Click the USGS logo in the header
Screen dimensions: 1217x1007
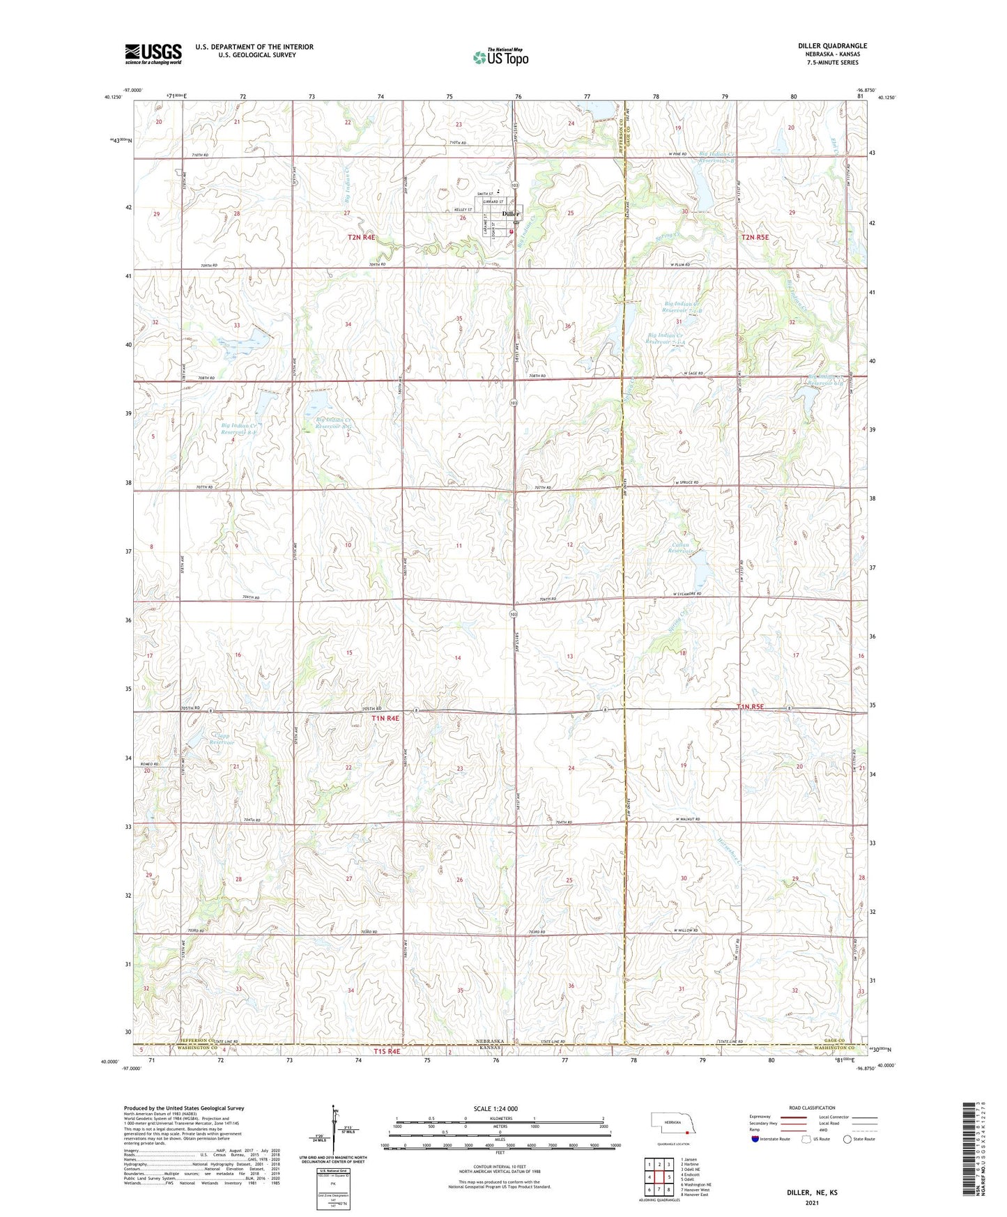pos(153,53)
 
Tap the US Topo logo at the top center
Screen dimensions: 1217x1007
pos(500,58)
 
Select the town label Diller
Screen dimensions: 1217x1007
pos(511,214)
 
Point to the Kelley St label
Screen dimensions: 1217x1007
pos(463,210)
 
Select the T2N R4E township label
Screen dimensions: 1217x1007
pos(362,238)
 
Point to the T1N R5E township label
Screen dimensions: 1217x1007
pos(750,707)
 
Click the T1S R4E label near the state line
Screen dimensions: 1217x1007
pos(387,1051)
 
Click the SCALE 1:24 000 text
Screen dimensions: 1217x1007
pos(495,1108)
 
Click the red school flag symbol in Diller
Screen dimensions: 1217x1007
pos(512,231)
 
